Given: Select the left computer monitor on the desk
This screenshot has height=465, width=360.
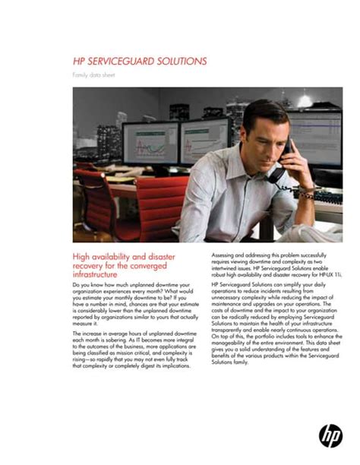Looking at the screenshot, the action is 150,144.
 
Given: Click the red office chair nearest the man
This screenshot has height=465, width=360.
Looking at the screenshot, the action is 159,205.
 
